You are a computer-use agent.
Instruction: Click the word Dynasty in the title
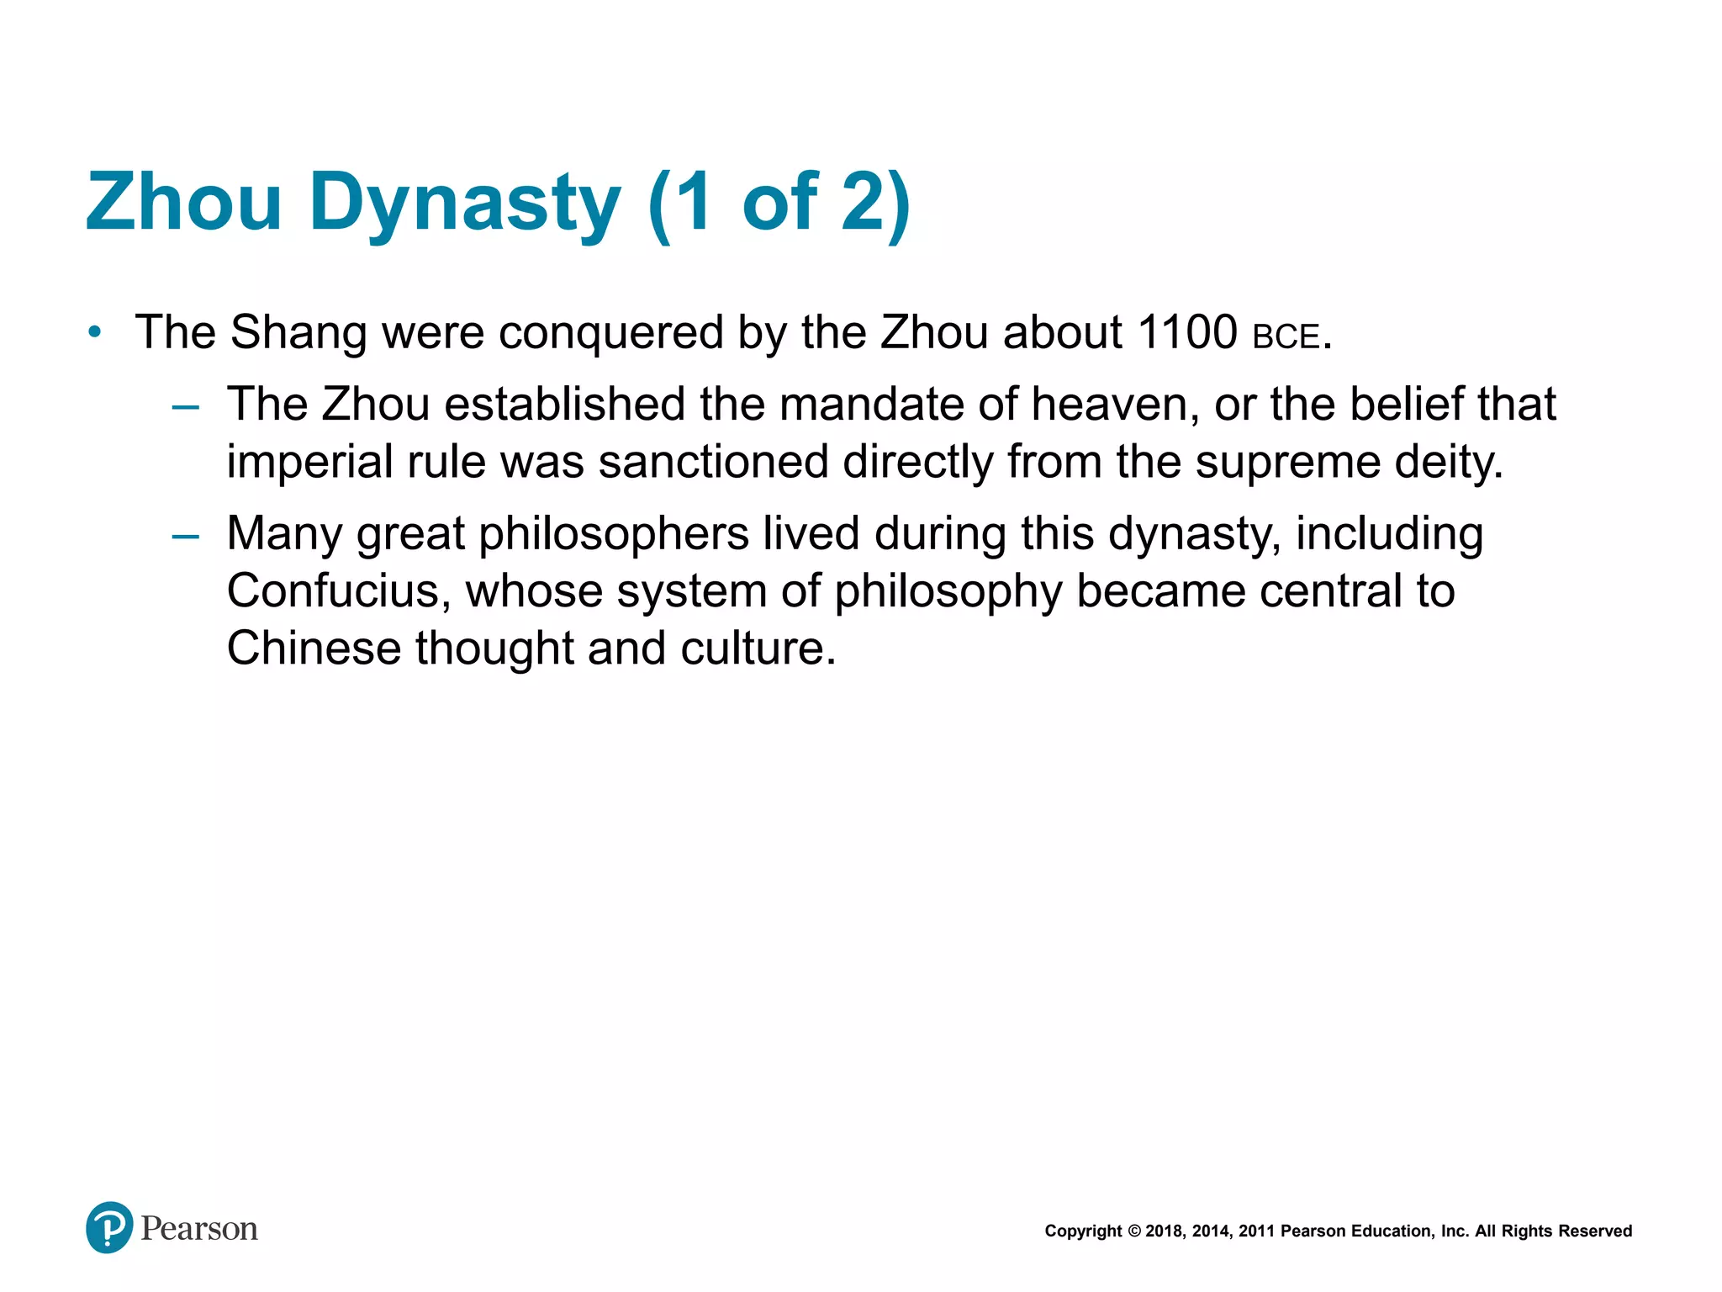[465, 203]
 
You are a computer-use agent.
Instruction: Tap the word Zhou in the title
[183, 203]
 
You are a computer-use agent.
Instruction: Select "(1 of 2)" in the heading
[779, 203]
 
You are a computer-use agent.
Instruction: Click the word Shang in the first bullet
[298, 333]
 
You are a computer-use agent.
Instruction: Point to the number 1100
[1186, 332]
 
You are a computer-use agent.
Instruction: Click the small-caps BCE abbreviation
[1286, 337]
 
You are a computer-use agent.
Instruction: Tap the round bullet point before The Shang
[95, 332]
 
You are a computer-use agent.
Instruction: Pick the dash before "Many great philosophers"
[185, 536]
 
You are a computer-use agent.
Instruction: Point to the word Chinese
[314, 649]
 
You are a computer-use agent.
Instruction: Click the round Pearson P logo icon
[109, 1228]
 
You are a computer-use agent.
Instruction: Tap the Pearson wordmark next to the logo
[199, 1229]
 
